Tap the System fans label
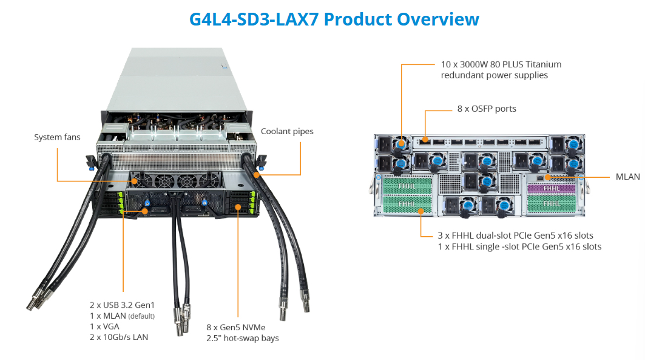tap(57, 137)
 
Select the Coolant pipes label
tap(287, 131)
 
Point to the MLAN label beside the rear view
tap(627, 177)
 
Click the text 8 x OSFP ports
tap(487, 109)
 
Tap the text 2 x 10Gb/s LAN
tap(119, 337)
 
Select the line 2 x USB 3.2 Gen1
tap(123, 304)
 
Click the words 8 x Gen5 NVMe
tap(236, 327)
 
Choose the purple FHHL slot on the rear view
tap(552, 189)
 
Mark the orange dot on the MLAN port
tap(547, 177)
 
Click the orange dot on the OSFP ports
tap(425, 140)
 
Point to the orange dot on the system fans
tap(134, 181)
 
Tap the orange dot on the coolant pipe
tap(257, 175)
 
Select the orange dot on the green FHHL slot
tap(420, 211)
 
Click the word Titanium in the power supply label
tap(540, 64)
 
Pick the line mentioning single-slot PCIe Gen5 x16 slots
tap(519, 246)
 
